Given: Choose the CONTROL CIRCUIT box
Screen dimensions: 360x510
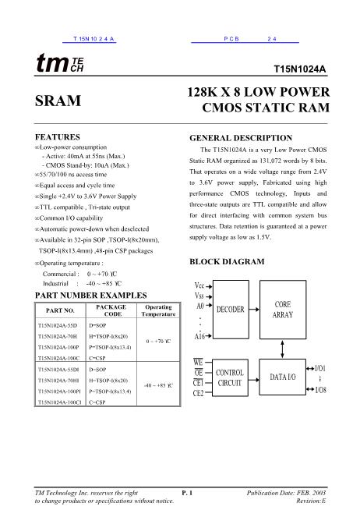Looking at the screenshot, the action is (x=234, y=377).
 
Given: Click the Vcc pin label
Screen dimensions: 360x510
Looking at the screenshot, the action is (x=199, y=285).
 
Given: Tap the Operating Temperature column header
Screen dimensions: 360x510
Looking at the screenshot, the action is (x=158, y=310).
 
